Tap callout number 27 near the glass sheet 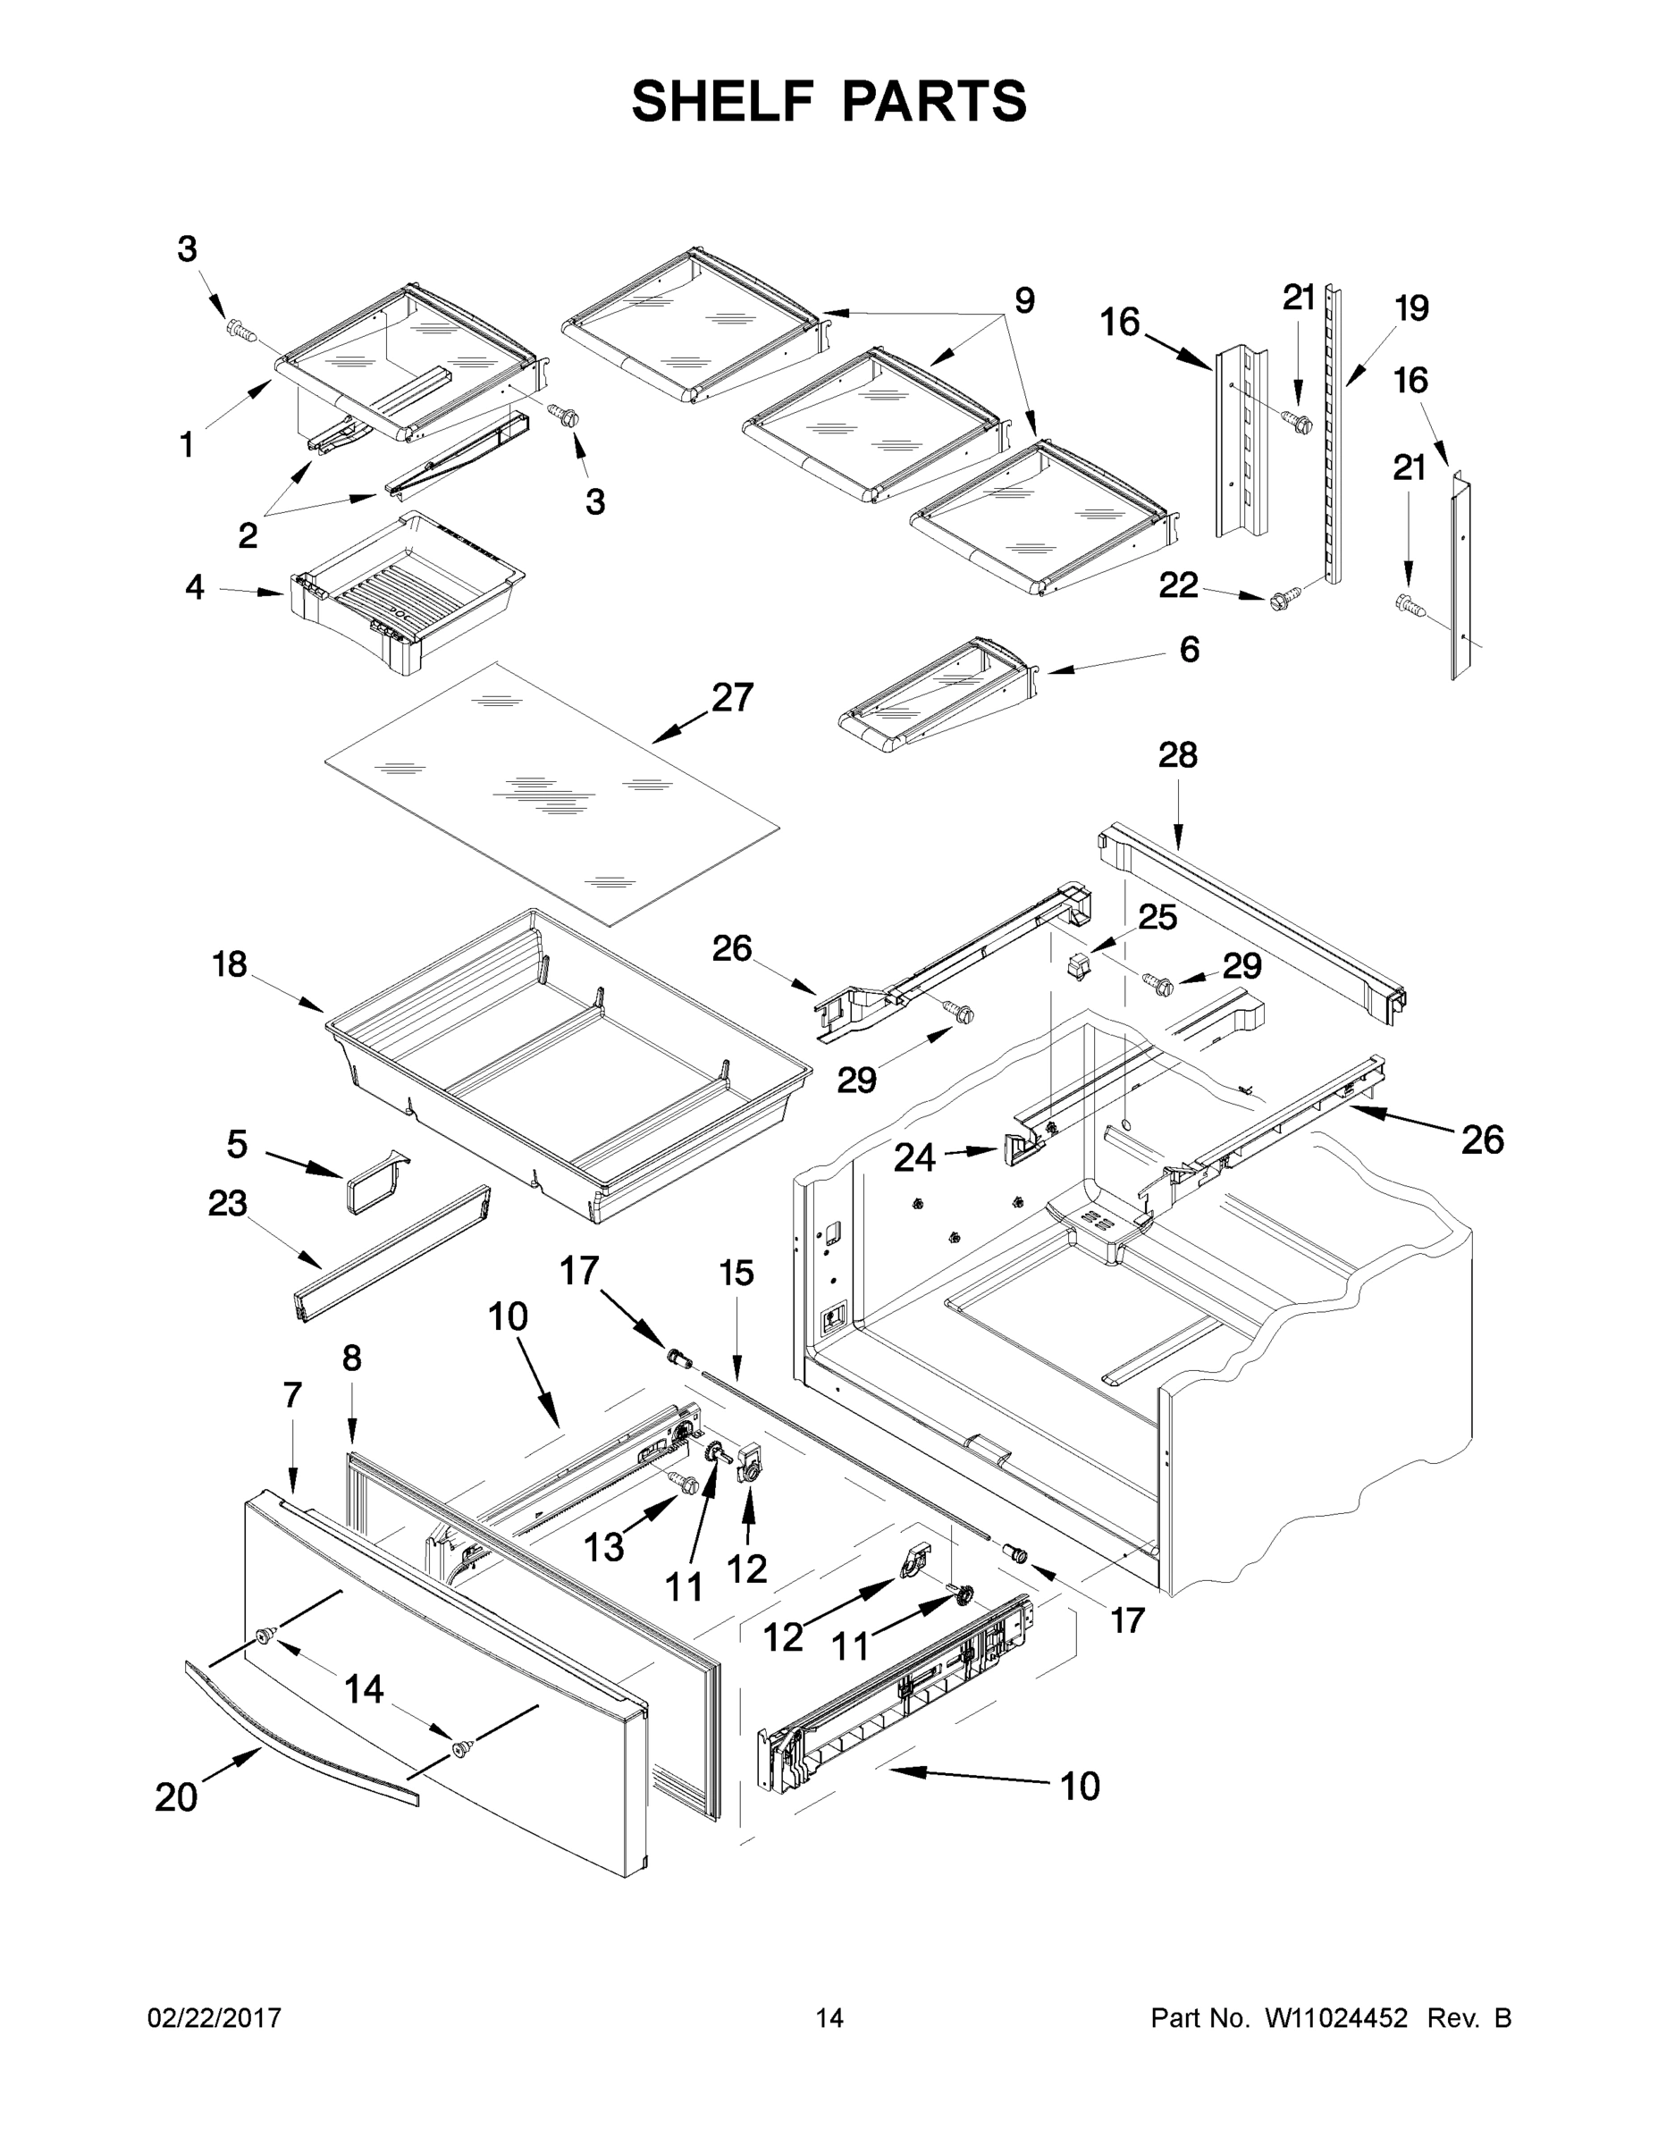[x=733, y=697]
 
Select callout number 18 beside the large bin [x=229, y=964]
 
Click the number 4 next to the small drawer [x=195, y=587]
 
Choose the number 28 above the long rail [x=1177, y=755]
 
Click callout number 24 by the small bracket [x=913, y=1158]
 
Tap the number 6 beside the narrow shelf [x=1189, y=649]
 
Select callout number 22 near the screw [x=1179, y=586]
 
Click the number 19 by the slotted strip [x=1411, y=308]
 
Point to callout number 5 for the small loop [x=237, y=1145]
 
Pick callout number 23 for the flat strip [x=227, y=1203]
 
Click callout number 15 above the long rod [x=736, y=1274]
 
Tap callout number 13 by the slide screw [x=603, y=1548]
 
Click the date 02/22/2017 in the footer [x=215, y=2017]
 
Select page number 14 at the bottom [x=829, y=2017]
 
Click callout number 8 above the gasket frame [x=351, y=1359]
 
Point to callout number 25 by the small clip [x=1157, y=917]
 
